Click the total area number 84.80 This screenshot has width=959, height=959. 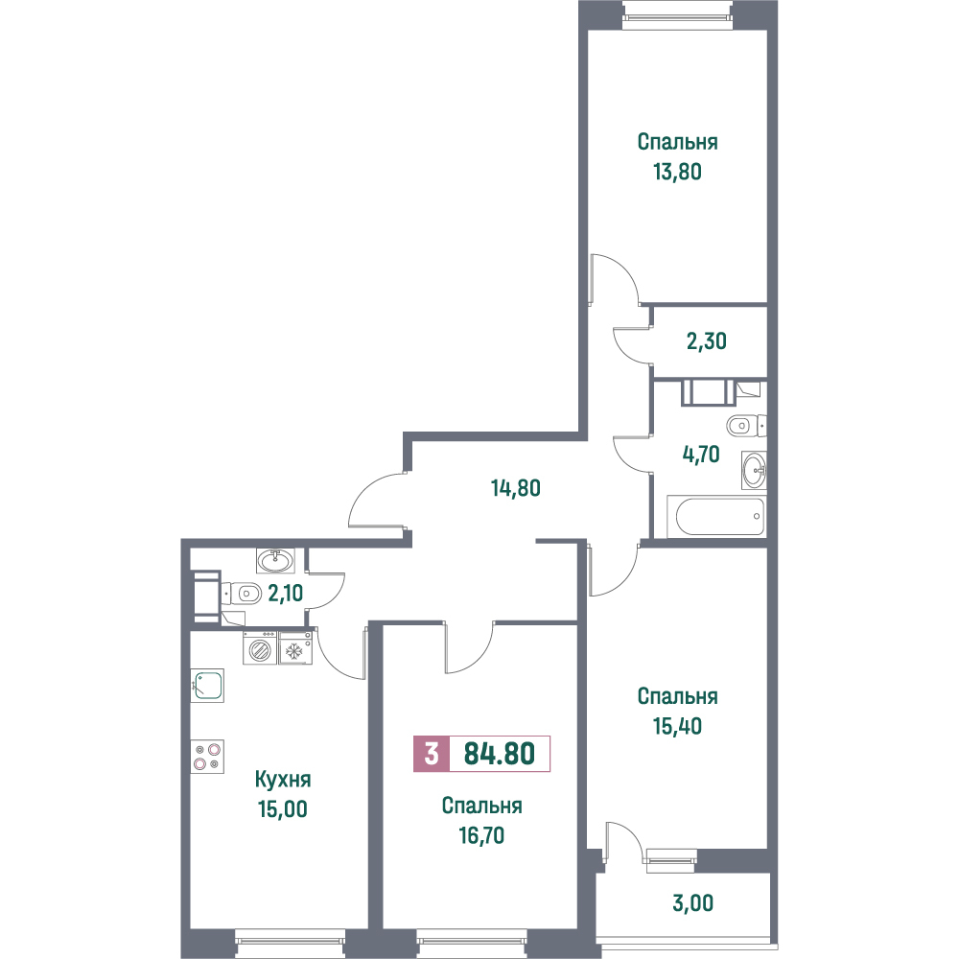click(x=499, y=754)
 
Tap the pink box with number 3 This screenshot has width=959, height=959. click(x=432, y=754)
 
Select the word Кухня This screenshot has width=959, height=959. click(x=283, y=780)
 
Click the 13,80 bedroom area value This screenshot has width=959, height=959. click(x=677, y=172)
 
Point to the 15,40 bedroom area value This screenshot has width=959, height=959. click(x=677, y=726)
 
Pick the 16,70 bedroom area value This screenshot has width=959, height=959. click(x=481, y=835)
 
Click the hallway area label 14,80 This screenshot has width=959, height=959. click(x=516, y=488)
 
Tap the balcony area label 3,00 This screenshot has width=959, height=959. click(x=692, y=902)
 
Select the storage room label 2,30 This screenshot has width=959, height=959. click(x=707, y=340)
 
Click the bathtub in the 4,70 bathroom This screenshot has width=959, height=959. click(x=716, y=516)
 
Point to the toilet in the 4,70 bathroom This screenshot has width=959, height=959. click(x=746, y=425)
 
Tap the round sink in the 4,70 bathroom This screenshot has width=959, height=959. click(x=754, y=470)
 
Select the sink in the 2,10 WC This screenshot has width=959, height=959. click(x=276, y=560)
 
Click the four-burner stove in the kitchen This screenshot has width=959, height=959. click(x=207, y=757)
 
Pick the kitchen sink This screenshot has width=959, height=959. click(x=207, y=685)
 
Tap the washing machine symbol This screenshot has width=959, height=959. click(x=261, y=648)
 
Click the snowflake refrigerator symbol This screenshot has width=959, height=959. click(x=296, y=648)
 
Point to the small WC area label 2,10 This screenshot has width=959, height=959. click(x=285, y=593)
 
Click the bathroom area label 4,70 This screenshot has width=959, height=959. click(x=700, y=455)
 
